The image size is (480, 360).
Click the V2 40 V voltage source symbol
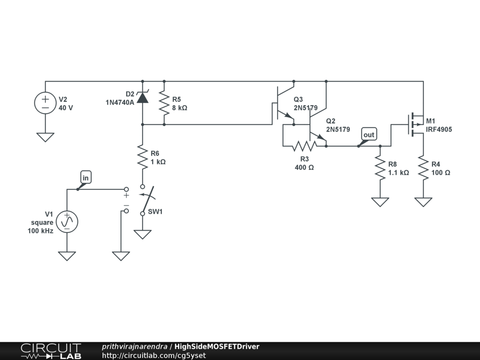[45, 103]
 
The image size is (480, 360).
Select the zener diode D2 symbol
[142, 97]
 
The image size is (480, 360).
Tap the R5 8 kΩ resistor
[164, 103]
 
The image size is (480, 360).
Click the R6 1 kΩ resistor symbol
[142, 157]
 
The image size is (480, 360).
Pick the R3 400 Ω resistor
[304, 146]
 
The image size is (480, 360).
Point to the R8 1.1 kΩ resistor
[380, 168]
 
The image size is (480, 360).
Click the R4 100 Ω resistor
[423, 168]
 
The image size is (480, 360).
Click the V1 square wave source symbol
[67, 222]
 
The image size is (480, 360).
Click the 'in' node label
[86, 177]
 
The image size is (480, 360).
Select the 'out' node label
[369, 135]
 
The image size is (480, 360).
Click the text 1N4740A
[120, 103]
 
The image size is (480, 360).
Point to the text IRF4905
[439, 129]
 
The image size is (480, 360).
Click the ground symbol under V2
[45, 137]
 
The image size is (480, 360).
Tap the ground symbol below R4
[423, 202]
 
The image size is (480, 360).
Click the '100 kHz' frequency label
[40, 231]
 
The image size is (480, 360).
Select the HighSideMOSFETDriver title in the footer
[217, 346]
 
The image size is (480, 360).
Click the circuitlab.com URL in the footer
[154, 355]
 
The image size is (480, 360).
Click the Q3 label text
[298, 99]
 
